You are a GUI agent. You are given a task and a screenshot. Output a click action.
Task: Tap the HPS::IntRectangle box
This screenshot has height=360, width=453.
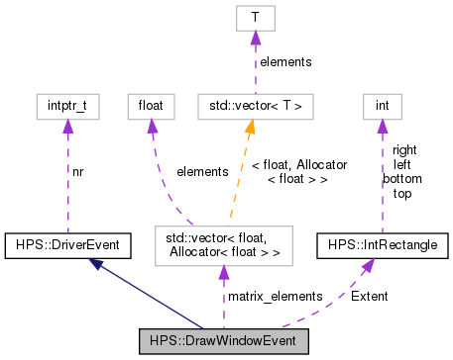[x=382, y=243]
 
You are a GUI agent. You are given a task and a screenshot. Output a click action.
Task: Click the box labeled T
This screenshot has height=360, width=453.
[x=255, y=18]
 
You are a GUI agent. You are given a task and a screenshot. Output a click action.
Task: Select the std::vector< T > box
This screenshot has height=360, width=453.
[x=255, y=104]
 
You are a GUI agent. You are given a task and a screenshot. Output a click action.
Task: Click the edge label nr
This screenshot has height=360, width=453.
[x=78, y=171]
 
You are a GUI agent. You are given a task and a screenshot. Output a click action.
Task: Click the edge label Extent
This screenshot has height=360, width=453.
[x=370, y=296]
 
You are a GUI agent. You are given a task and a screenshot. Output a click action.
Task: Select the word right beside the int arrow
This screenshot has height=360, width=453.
[x=404, y=150]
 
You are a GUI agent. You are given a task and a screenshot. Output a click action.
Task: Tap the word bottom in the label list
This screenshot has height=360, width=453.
[x=402, y=180]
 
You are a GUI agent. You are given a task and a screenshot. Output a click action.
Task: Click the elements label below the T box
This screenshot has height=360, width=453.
[x=285, y=61]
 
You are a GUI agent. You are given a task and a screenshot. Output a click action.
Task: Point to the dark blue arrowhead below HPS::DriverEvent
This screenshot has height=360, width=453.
[x=95, y=262]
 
